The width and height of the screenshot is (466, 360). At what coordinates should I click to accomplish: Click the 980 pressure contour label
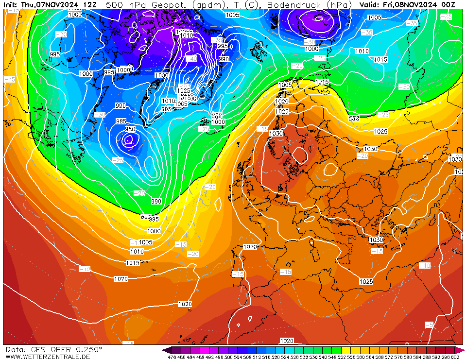click(x=130, y=129)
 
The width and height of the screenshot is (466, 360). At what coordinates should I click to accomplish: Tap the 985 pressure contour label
click(x=121, y=121)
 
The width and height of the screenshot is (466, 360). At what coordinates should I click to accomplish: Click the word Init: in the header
click(x=11, y=5)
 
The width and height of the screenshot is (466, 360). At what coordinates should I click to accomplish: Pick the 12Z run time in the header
click(x=89, y=5)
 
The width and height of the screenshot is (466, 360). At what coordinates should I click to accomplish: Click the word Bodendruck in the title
click(x=295, y=5)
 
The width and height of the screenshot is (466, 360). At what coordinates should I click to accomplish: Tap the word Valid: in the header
click(x=370, y=5)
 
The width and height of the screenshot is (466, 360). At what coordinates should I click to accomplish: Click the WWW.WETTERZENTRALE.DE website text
click(x=48, y=357)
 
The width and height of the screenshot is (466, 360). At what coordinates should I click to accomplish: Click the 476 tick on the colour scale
click(x=172, y=357)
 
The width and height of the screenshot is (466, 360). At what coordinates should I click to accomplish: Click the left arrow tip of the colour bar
click(x=164, y=350)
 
